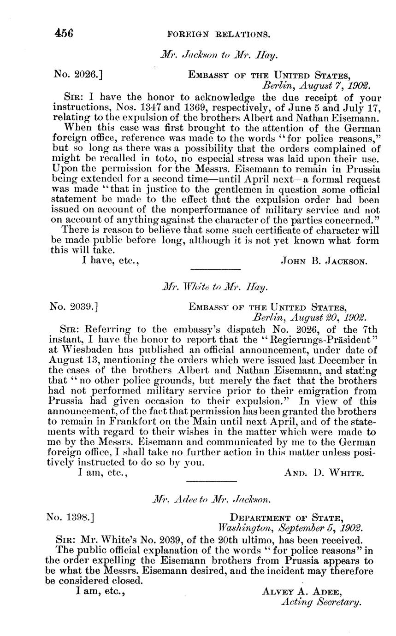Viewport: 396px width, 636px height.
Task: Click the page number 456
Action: [x=64, y=33]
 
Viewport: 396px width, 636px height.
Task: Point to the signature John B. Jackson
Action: [x=324, y=261]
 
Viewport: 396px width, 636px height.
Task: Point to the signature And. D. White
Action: [x=325, y=472]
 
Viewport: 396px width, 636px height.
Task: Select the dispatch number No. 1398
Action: [x=70, y=517]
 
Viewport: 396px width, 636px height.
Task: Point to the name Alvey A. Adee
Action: [x=302, y=591]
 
